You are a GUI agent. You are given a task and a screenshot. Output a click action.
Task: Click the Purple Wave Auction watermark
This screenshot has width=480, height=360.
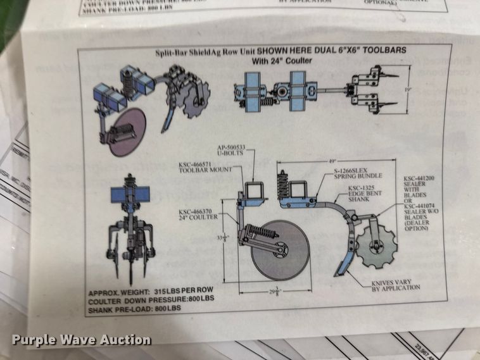click(81, 340)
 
